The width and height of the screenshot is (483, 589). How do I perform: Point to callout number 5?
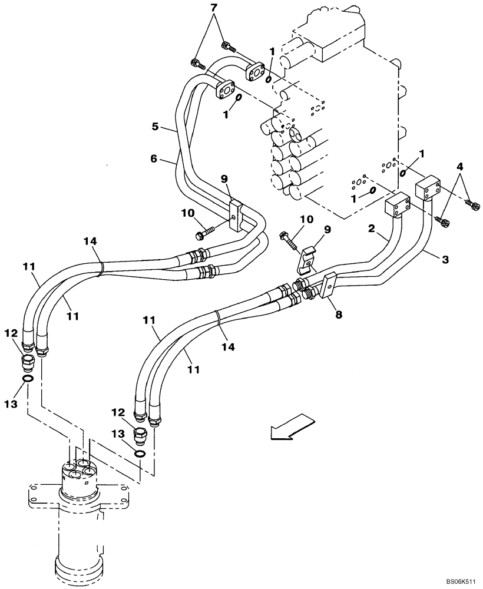coord(155,126)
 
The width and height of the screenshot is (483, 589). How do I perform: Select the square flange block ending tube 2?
coord(398,206)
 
